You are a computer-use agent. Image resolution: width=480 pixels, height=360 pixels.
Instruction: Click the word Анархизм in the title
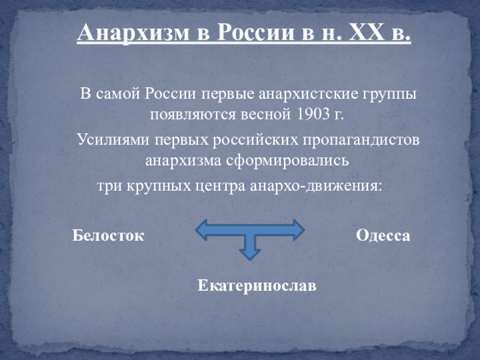(133, 33)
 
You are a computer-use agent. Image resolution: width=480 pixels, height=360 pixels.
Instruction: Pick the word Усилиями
(113, 140)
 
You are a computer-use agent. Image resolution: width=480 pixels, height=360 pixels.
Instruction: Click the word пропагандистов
(361, 140)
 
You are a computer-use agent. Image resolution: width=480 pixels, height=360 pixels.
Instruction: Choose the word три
(109, 186)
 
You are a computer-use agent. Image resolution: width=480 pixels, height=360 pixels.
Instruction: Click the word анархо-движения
(316, 186)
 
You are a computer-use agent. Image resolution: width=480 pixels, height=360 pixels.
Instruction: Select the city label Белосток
(108, 236)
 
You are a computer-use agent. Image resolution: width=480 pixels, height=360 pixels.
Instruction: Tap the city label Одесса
(383, 236)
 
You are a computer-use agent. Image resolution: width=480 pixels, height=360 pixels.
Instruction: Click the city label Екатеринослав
(257, 286)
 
